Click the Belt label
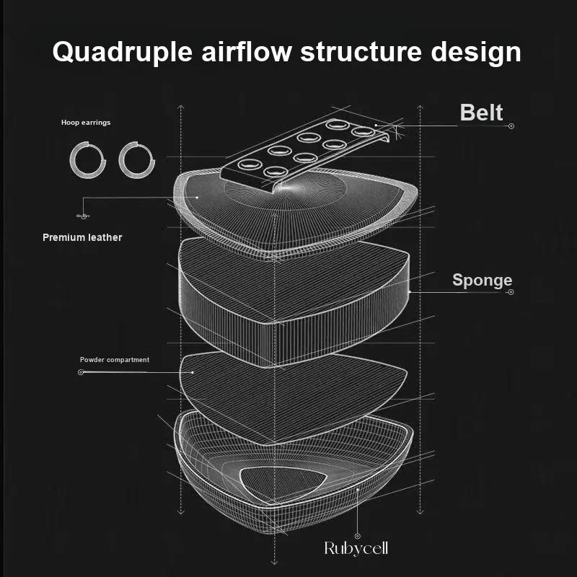tap(481, 113)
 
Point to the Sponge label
tap(482, 281)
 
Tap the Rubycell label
tap(356, 549)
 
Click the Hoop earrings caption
tap(86, 123)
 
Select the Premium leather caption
tap(82, 237)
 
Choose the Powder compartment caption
tap(115, 360)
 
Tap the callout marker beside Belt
tap(511, 126)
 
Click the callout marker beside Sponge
tap(511, 292)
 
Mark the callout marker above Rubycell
tap(357, 536)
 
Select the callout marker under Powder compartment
tap(81, 372)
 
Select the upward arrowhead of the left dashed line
tap(180, 108)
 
